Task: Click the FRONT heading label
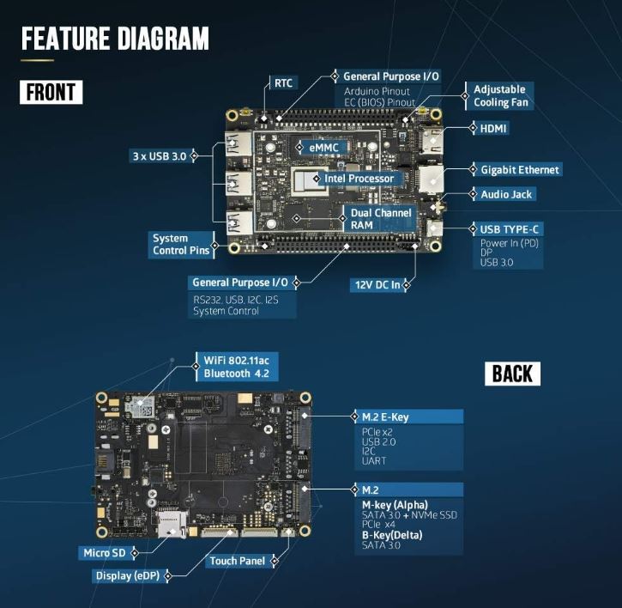click(x=51, y=92)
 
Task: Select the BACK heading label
click(x=513, y=373)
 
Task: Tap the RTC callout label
click(x=282, y=83)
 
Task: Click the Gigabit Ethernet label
click(x=520, y=170)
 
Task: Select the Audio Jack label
click(x=506, y=194)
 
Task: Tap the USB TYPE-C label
click(x=505, y=229)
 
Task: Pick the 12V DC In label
click(x=377, y=284)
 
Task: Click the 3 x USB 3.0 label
click(x=160, y=155)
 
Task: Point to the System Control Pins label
click(x=181, y=245)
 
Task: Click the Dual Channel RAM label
click(x=381, y=218)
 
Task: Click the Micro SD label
click(x=103, y=552)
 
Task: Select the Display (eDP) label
click(x=126, y=576)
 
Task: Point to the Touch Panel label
click(x=236, y=562)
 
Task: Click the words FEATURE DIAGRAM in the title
click(x=115, y=39)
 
